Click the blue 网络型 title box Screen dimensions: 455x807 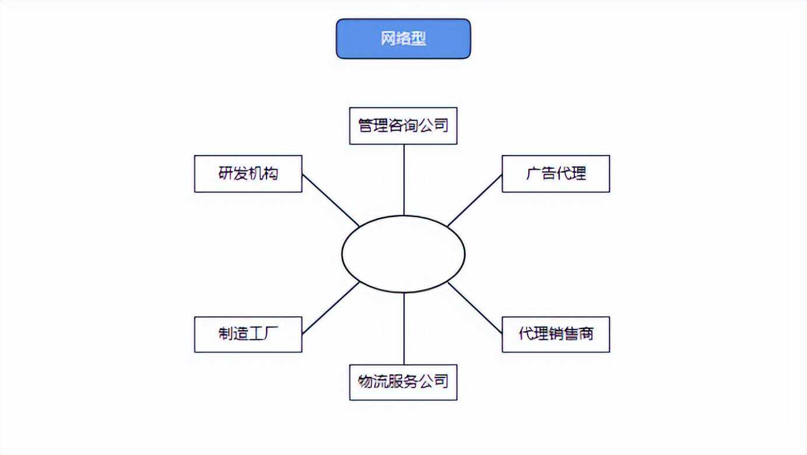click(x=403, y=38)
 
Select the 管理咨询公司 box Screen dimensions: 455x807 click(x=403, y=125)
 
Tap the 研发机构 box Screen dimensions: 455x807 click(x=248, y=173)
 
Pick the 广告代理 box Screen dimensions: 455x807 click(x=556, y=173)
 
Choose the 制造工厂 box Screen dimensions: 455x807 click(x=248, y=334)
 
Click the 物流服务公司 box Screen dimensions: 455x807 click(x=403, y=382)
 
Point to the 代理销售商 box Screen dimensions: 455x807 click(x=556, y=334)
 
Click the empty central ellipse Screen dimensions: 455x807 click(x=403, y=254)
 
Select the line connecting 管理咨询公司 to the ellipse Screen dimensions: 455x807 click(x=403, y=180)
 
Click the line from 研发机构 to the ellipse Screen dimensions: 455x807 click(x=330, y=199)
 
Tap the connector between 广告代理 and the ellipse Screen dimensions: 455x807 click(x=475, y=200)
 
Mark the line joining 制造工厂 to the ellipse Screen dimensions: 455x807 click(x=330, y=308)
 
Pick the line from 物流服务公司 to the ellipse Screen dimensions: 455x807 click(x=403, y=328)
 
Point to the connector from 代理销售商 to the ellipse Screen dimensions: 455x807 click(x=475, y=307)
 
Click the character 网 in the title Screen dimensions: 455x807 click(x=388, y=39)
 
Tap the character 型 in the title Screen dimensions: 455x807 click(x=419, y=39)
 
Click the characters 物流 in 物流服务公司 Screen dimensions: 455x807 click(x=373, y=382)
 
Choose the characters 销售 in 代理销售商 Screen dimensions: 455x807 click(x=563, y=334)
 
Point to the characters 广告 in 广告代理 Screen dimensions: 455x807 click(x=541, y=173)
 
